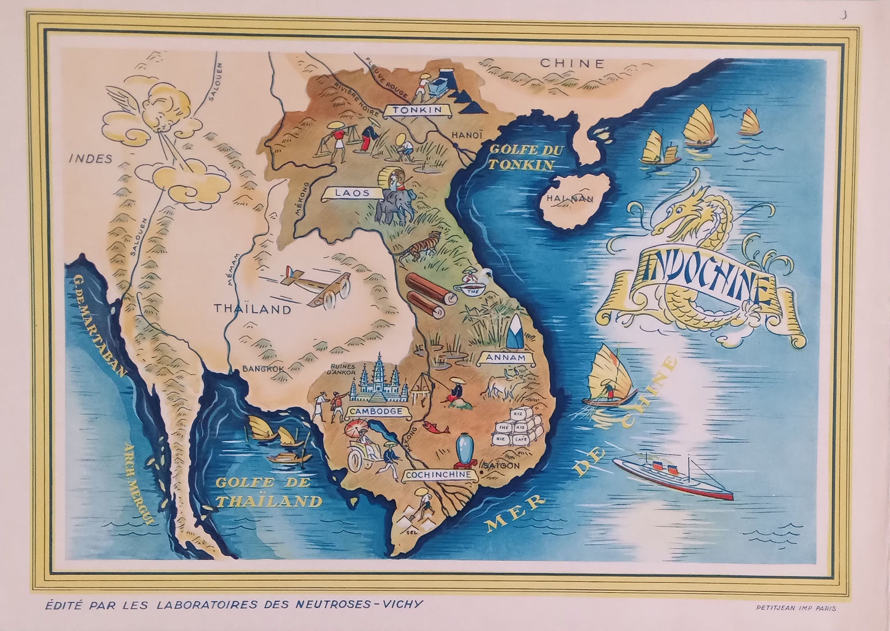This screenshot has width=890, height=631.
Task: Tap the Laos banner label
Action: click(352, 193)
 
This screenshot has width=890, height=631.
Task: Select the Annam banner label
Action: click(504, 358)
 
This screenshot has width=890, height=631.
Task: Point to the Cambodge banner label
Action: click(375, 411)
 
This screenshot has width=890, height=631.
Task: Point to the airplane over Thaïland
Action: click(315, 287)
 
